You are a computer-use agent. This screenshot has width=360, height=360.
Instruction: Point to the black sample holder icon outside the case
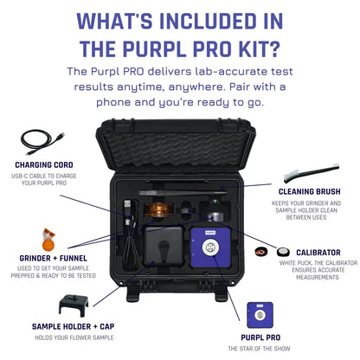click(x=74, y=304)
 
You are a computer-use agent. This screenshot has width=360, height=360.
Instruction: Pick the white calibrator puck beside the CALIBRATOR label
click(x=282, y=253)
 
